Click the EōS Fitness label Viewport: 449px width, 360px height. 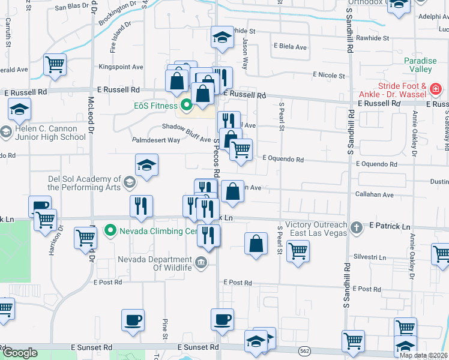[155, 106]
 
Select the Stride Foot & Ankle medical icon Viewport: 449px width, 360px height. [436, 91]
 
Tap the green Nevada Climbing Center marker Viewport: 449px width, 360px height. [110, 230]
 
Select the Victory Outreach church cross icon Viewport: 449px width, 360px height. [356, 227]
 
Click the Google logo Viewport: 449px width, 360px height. [20, 353]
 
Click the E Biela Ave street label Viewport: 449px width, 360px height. [290, 46]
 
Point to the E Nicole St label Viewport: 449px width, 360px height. [328, 76]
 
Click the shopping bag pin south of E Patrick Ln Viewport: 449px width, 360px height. [256, 244]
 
